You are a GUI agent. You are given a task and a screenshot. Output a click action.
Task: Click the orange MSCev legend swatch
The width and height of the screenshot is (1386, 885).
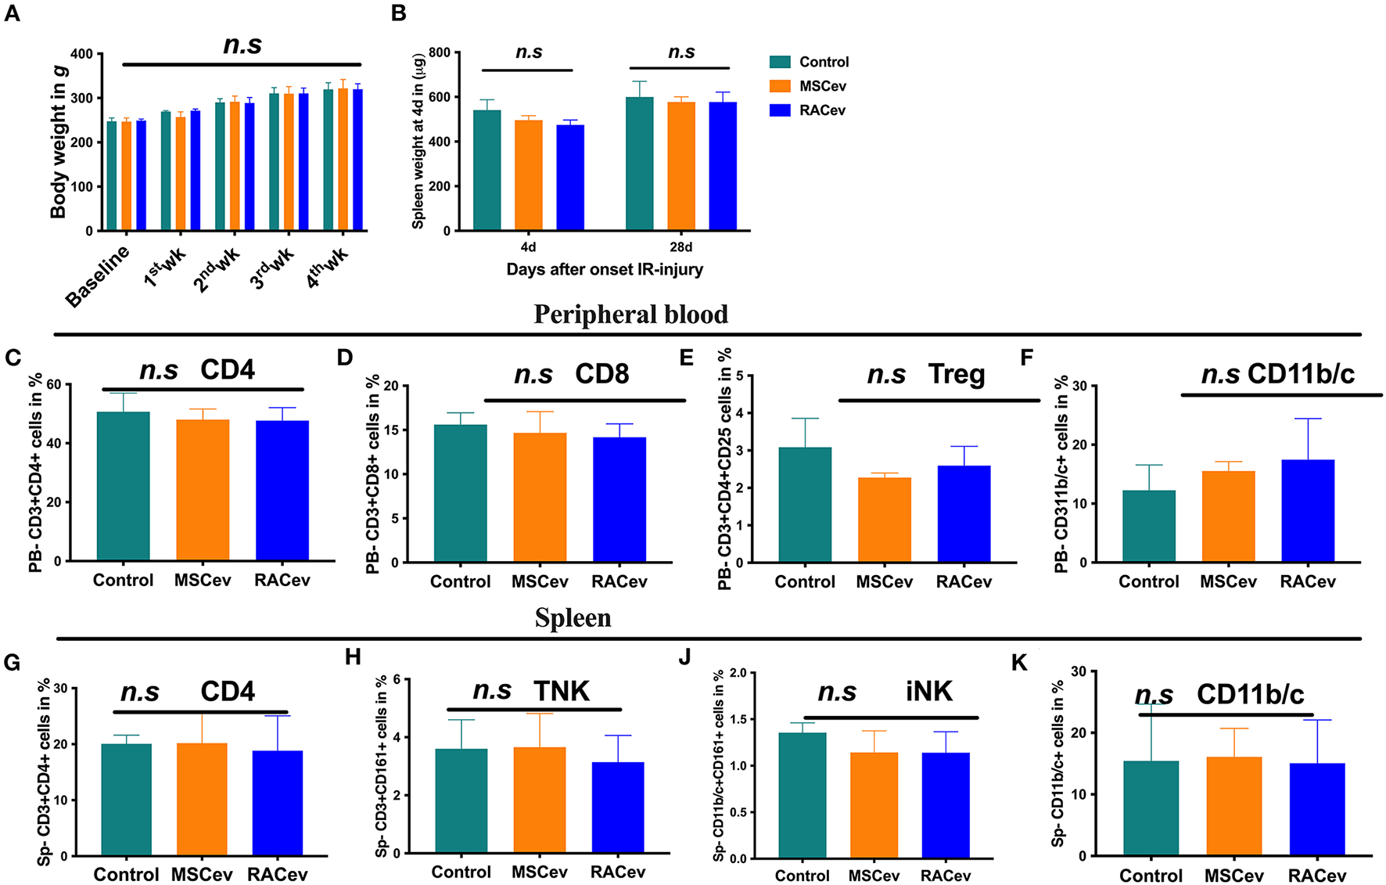point(780,86)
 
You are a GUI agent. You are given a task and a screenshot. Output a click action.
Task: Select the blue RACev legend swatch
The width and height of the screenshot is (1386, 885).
point(780,110)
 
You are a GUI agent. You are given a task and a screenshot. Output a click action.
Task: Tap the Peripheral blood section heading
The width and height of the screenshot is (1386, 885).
point(630,315)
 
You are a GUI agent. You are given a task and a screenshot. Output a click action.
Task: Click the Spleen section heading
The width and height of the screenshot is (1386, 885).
point(573,618)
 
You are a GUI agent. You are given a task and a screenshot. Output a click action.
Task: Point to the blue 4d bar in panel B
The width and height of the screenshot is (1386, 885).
point(570,178)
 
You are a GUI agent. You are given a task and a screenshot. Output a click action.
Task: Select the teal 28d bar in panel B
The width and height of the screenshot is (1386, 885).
point(639,164)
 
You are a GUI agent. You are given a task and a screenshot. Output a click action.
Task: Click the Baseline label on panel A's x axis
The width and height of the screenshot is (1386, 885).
point(97,277)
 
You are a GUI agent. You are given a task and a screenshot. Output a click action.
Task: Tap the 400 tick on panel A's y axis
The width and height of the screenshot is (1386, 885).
point(81,54)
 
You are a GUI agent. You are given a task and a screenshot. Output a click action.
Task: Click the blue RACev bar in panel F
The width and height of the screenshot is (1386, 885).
point(1308,510)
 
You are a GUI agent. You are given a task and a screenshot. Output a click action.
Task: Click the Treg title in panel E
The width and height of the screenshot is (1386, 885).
point(957,374)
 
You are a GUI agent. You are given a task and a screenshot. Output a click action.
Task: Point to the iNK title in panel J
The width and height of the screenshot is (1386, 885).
point(929,692)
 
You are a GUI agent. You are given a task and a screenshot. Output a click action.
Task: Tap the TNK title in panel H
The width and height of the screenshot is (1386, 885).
point(562,692)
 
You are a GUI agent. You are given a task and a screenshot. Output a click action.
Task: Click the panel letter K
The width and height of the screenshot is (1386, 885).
point(1019,664)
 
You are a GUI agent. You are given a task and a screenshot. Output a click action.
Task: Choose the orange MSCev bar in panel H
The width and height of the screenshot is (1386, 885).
point(540,800)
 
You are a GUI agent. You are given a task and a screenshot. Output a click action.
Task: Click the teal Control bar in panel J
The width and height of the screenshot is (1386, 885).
point(803,795)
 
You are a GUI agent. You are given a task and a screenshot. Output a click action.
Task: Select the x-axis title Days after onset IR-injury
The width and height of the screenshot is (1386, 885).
point(605,270)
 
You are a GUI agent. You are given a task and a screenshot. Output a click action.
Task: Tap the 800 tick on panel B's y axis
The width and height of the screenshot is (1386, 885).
point(440,52)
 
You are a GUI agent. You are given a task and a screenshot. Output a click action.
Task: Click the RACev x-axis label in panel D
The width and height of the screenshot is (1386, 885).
point(619,582)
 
